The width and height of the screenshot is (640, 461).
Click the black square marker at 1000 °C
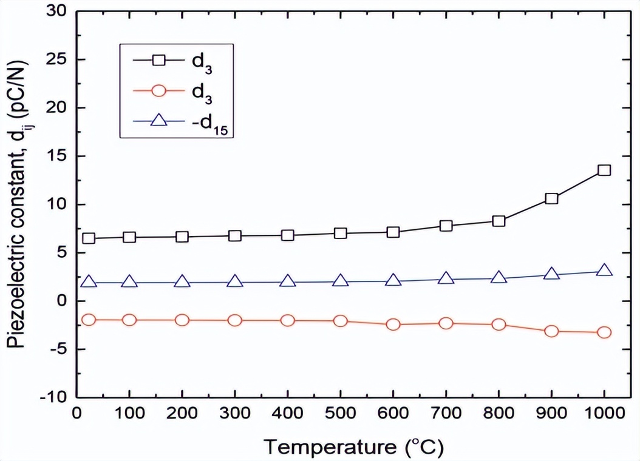(604, 170)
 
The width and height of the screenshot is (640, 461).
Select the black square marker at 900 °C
(551, 198)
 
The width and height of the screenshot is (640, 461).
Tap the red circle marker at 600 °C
(393, 325)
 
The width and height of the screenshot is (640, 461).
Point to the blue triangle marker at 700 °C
(446, 278)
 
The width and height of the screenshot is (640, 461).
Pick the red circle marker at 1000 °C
(604, 332)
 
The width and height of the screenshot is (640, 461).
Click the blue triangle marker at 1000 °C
(604, 271)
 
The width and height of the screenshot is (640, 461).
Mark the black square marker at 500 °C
(341, 233)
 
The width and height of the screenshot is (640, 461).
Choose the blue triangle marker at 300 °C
(235, 281)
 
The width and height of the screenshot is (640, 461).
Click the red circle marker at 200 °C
(182, 320)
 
